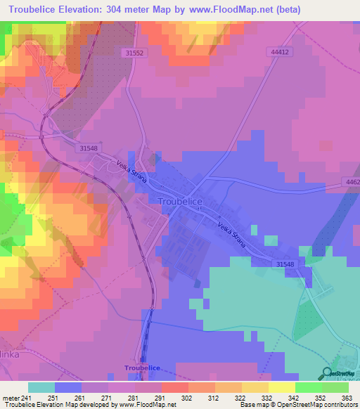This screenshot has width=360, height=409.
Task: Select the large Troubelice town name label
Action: click(x=181, y=202)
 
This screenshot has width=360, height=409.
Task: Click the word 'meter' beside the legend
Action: click(x=12, y=398)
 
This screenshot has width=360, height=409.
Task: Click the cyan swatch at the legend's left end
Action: click(x=41, y=387)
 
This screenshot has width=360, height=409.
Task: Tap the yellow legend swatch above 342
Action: click(x=281, y=387)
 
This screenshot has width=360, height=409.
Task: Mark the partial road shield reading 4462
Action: click(x=352, y=183)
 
